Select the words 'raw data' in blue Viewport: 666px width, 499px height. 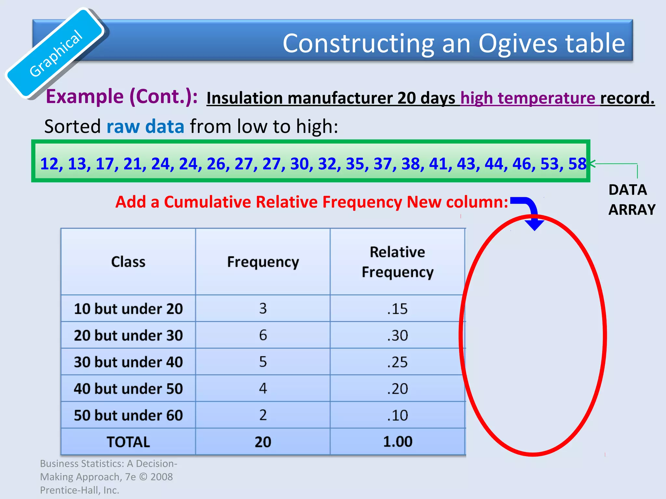145,126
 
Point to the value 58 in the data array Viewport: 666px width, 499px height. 577,164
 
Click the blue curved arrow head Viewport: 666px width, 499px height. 534,224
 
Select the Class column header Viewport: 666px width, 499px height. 128,262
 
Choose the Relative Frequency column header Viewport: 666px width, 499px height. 397,262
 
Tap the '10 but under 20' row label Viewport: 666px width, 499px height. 128,309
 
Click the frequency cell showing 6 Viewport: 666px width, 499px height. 263,335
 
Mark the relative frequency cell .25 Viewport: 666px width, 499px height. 397,362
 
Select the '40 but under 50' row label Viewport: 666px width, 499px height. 128,389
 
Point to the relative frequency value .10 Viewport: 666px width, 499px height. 397,415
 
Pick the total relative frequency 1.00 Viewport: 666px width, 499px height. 397,442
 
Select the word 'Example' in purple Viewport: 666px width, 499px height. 85,96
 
